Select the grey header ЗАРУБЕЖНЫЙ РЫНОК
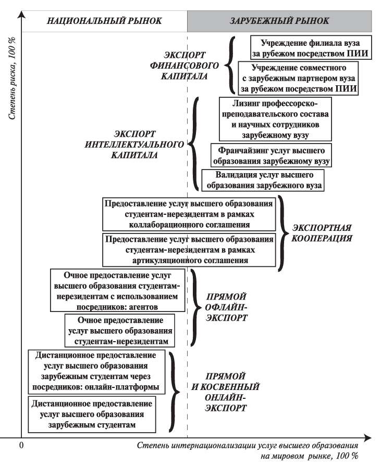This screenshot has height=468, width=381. click(x=279, y=21)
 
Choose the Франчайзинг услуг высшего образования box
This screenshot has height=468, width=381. click(x=271, y=155)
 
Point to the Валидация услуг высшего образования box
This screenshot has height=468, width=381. click(x=263, y=180)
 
